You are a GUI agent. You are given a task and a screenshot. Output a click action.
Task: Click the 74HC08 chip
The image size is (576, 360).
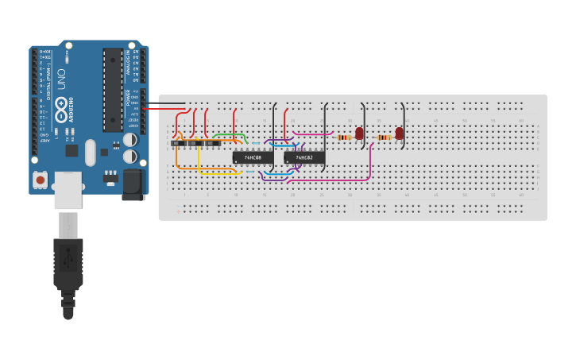point(252,157)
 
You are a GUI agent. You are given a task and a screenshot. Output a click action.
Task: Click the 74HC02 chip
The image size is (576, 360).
point(304,157)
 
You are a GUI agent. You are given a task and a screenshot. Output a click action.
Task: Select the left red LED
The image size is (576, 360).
point(359,133)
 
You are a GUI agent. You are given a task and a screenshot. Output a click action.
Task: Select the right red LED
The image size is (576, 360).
point(399,133)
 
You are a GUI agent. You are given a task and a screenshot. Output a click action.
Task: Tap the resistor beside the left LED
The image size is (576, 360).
point(343,137)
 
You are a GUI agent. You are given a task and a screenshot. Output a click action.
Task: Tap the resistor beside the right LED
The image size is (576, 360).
point(385,137)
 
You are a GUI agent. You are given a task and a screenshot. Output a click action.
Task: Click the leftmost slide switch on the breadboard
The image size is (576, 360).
point(179,143)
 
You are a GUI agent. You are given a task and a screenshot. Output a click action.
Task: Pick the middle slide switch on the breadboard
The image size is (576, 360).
point(197,143)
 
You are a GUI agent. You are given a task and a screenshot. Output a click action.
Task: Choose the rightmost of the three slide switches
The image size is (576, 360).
point(215,143)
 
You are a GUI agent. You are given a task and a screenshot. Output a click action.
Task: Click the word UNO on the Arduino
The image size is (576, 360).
point(61,79)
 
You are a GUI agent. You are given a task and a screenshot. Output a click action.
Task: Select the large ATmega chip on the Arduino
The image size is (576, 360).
point(113,90)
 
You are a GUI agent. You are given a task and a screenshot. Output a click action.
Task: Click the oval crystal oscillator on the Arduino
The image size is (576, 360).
point(90,152)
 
